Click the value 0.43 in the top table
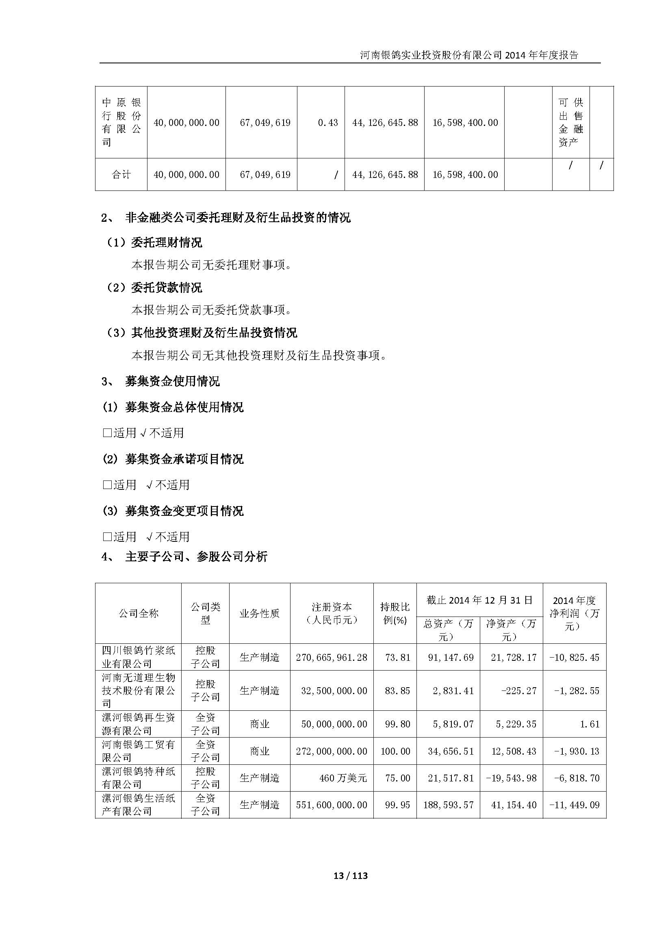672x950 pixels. tap(328, 123)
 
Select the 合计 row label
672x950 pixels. tap(121, 175)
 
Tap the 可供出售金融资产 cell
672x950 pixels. tap(570, 122)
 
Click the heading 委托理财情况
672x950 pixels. tap(166, 242)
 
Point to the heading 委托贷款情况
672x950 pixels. tap(166, 288)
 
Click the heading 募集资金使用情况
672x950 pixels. tap(172, 381)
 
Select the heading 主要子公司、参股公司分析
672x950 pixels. tap(196, 556)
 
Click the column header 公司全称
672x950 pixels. tap(138, 613)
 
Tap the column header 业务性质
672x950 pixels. tap(260, 613)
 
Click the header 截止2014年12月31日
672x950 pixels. tap(479, 600)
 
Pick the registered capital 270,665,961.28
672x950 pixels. tap(332, 658)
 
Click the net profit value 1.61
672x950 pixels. tap(590, 724)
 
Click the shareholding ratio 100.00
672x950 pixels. tap(395, 751)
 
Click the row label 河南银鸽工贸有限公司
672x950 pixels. tap(138, 751)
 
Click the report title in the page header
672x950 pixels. tap(469, 55)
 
